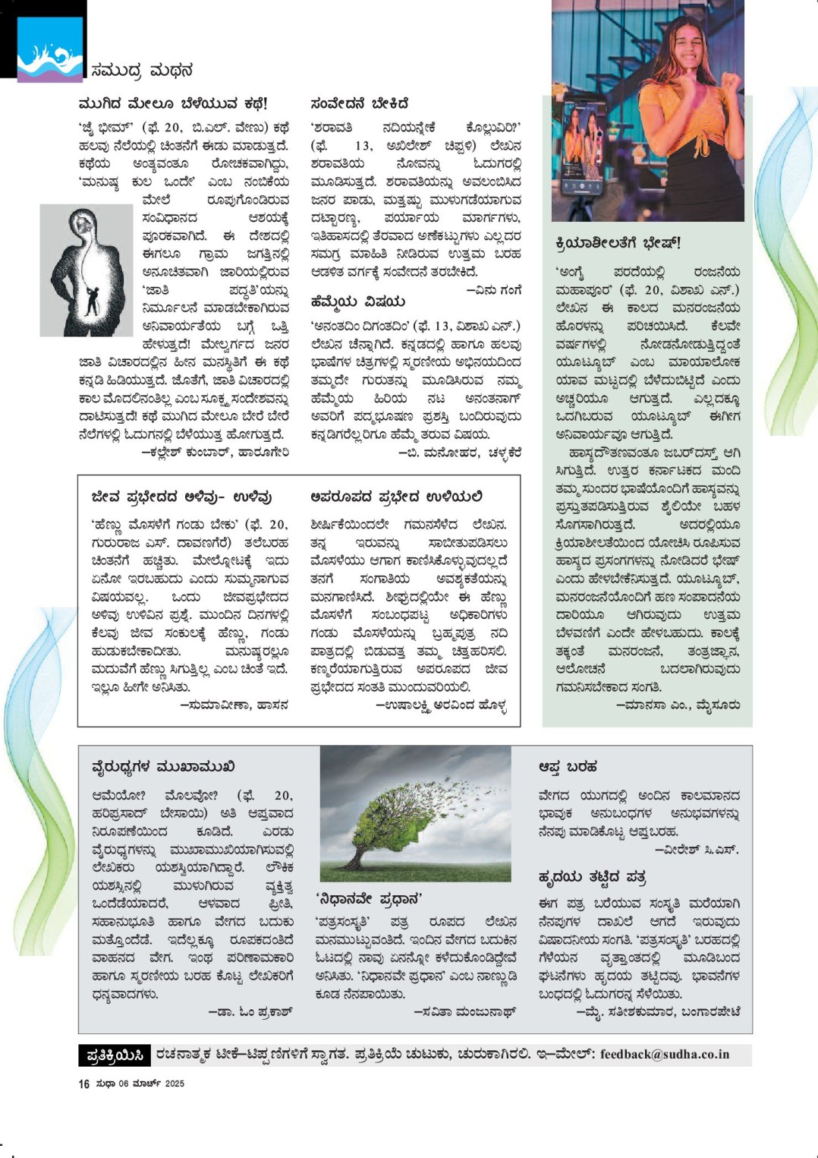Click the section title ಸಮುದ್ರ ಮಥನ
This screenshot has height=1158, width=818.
click(141, 71)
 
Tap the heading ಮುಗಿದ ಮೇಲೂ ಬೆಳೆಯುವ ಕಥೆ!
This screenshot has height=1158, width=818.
click(173, 103)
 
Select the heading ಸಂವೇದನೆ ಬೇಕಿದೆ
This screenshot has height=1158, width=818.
click(360, 103)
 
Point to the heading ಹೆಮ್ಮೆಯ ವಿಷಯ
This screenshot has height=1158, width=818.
click(358, 301)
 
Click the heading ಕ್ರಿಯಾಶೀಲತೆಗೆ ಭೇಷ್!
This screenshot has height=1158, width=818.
click(618, 243)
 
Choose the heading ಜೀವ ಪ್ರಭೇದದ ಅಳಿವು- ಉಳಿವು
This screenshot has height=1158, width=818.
click(181, 497)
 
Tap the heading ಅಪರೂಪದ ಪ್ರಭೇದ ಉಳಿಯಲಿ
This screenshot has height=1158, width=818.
click(396, 497)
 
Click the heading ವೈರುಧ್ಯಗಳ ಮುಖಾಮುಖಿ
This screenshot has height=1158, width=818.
click(163, 767)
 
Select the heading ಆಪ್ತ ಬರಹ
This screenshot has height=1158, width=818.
click(568, 767)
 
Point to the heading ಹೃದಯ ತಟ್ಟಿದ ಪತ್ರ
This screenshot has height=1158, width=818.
click(592, 878)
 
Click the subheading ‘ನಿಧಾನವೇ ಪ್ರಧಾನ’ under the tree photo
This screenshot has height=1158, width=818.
click(369, 899)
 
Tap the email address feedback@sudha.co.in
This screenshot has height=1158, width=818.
click(665, 1054)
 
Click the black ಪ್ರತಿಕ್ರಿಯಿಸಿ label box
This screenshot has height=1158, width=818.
click(115, 1055)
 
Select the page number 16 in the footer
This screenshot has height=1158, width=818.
click(83, 1084)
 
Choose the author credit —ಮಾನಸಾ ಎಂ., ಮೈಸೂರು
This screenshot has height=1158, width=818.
click(678, 705)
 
